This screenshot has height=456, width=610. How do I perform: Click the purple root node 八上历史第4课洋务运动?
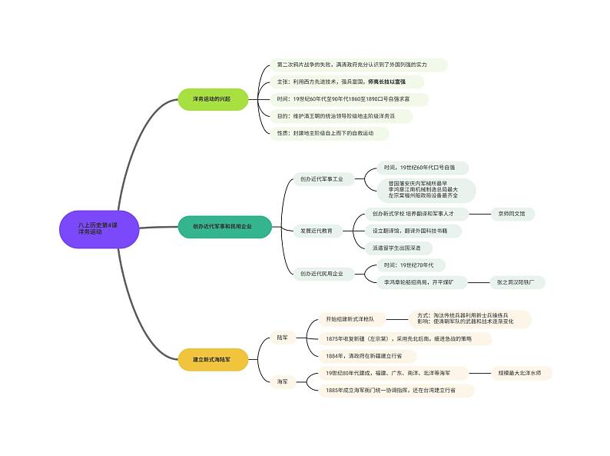98,228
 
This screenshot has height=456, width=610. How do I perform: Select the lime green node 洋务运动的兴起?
211,99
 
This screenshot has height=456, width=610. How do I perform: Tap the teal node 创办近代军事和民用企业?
222,226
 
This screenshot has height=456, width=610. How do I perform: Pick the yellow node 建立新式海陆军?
211,359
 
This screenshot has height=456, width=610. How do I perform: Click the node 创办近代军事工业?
322,178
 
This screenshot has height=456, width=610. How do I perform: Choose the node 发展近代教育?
317,230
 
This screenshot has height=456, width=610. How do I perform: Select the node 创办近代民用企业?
322,273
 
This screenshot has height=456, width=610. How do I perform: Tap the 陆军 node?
282,337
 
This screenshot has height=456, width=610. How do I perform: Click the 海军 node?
282,381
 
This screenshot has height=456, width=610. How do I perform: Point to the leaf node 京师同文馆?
512,213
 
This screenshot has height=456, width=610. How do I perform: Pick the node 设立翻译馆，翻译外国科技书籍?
413,231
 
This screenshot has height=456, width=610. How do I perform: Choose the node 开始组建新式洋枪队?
350,318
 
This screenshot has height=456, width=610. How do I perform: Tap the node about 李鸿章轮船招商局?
419,283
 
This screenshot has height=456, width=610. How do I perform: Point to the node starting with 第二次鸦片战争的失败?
357,65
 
